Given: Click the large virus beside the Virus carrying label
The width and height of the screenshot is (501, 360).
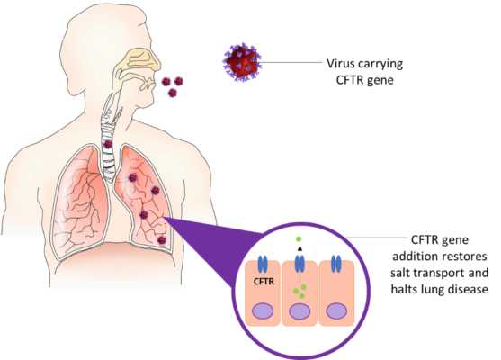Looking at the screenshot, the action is [x=242, y=62].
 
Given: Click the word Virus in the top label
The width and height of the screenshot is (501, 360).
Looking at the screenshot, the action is [x=341, y=63].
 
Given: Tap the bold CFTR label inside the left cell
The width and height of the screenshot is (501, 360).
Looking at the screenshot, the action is [x=264, y=282].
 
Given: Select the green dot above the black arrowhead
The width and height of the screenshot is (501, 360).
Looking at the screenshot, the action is [x=299, y=238].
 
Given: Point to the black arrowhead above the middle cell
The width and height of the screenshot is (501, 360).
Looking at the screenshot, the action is [x=300, y=248].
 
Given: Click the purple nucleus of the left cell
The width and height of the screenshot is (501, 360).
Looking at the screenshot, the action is [x=263, y=311].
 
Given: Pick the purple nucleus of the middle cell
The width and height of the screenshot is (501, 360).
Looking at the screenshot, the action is [x=300, y=311].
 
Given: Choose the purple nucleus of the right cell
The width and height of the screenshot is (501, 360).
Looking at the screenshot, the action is [x=336, y=311].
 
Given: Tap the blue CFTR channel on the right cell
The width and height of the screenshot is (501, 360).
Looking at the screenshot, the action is [x=335, y=264].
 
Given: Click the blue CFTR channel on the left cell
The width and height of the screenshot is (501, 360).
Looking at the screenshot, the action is [x=263, y=264].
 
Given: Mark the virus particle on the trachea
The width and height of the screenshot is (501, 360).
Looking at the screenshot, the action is [x=108, y=144].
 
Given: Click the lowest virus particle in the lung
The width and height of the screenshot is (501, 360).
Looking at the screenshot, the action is [x=162, y=240].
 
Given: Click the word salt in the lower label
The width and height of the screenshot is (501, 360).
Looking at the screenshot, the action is [x=400, y=273].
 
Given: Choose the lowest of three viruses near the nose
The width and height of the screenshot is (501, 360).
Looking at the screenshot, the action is [x=173, y=93].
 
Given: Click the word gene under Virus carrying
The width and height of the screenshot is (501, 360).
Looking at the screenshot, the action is [x=380, y=81].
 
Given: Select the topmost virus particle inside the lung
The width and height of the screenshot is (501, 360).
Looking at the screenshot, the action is [x=132, y=177].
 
